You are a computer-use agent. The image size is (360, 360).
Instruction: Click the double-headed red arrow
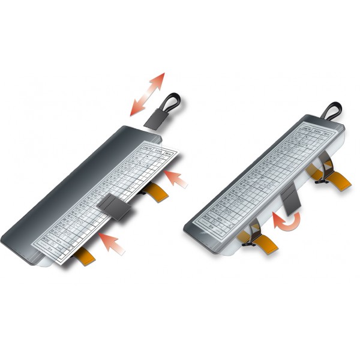click(x=147, y=94)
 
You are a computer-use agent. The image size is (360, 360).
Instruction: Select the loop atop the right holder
click(x=331, y=110)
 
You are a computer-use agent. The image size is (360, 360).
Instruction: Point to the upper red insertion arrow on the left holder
click(x=175, y=178)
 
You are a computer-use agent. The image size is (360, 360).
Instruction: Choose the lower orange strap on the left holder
click(x=84, y=256)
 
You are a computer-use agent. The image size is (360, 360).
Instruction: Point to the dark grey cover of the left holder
click(x=60, y=198)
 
